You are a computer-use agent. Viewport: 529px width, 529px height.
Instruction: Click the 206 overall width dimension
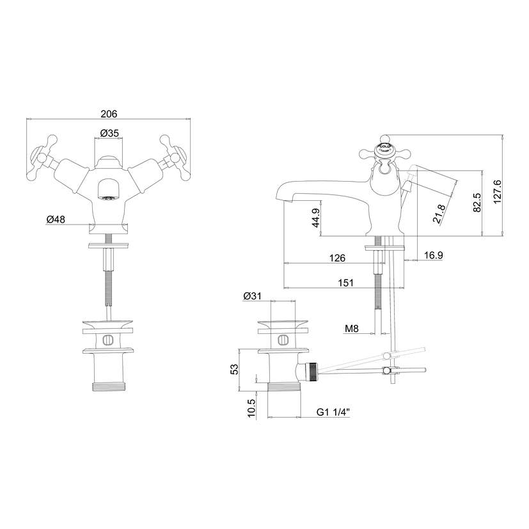(109, 114)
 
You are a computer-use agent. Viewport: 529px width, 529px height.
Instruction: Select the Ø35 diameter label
(109, 134)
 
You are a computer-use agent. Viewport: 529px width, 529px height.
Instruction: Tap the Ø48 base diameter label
(56, 219)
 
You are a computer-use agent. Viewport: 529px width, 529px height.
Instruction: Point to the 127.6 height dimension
(496, 190)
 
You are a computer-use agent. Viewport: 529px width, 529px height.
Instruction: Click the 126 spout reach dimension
(337, 258)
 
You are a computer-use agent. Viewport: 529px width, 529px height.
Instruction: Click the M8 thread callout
(351, 329)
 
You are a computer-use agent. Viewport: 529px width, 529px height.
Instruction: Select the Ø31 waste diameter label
(252, 296)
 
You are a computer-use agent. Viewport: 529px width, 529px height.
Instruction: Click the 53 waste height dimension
(234, 369)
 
